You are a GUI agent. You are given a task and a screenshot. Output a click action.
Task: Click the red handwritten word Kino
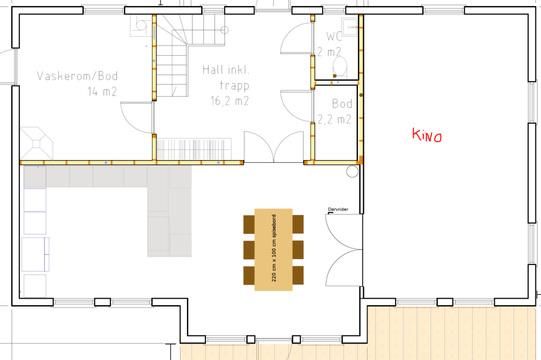click(427, 135)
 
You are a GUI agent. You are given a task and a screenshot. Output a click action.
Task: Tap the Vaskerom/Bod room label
click(77, 76)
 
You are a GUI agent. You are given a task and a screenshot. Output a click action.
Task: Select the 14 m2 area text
click(102, 91)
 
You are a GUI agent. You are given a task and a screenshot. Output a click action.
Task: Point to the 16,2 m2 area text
click(229, 101)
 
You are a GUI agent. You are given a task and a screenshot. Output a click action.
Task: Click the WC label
click(334, 36)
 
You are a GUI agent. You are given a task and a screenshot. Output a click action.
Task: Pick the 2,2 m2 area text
click(334, 119)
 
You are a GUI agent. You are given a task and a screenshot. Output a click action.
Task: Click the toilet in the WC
click(340, 67)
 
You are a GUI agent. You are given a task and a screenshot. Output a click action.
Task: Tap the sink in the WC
click(350, 26)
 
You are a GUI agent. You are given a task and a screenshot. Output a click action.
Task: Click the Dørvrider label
click(338, 209)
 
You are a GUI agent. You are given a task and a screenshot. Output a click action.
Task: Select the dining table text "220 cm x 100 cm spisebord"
click(273, 248)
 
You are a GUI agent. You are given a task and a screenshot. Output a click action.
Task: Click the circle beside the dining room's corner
click(352, 171)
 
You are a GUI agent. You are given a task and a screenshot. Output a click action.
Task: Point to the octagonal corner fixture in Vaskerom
click(36, 143)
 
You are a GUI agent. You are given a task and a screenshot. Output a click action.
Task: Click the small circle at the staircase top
click(224, 30)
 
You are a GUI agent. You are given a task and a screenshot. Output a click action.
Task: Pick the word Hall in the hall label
click(212, 70)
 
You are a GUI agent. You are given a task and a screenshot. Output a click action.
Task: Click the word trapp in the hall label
click(234, 85)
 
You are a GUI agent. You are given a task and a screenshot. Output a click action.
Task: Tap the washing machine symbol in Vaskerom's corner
click(140, 25)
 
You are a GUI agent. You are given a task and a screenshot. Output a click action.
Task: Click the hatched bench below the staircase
click(194, 149)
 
